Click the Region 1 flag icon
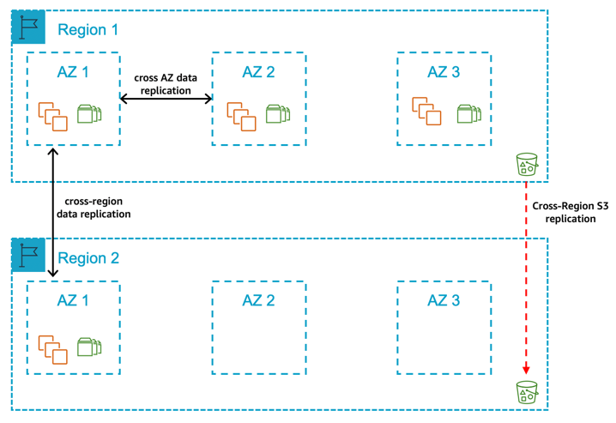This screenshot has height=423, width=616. click(x=28, y=28)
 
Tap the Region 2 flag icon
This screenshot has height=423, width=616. click(x=28, y=257)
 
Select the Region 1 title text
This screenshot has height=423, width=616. click(x=88, y=30)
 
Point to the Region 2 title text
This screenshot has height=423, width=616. click(x=88, y=258)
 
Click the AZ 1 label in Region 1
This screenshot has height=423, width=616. click(x=73, y=72)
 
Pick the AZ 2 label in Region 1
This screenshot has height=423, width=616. click(x=258, y=72)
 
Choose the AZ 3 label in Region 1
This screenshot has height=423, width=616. click(x=444, y=72)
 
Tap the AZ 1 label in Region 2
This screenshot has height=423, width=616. click(x=73, y=300)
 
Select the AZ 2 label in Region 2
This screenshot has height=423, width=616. click(x=258, y=300)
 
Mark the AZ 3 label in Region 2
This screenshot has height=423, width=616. click(x=444, y=300)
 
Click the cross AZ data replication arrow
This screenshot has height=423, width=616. click(x=166, y=100)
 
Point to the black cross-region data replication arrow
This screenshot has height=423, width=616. click(x=53, y=211)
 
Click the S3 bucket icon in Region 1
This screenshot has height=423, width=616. click(x=526, y=164)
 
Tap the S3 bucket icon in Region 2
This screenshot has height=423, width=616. click(x=526, y=392)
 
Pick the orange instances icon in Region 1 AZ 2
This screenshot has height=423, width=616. click(x=241, y=116)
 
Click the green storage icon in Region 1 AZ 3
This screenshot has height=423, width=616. click(x=468, y=113)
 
